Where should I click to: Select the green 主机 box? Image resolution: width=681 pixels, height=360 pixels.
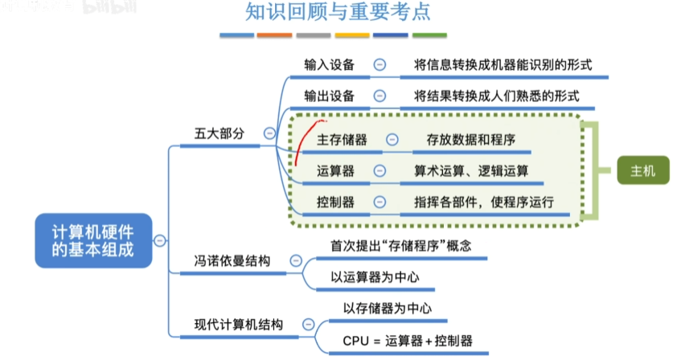pos(643,170)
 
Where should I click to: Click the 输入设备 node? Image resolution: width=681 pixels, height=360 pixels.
pos(329,65)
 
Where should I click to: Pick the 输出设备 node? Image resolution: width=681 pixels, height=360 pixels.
pos(329,96)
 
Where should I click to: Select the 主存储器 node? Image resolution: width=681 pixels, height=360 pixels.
pos(342,140)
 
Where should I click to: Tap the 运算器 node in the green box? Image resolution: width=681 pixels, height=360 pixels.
pos(335,170)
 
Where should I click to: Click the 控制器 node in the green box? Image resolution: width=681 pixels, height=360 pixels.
pos(335,201)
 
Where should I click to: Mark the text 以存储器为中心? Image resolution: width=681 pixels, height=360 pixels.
pos(387,309)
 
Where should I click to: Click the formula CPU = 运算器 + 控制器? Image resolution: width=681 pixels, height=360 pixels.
pos(408,341)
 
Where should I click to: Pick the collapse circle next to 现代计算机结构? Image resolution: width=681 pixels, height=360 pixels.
pos(308,325)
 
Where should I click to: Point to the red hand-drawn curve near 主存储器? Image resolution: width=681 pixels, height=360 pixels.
pos(303,145)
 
